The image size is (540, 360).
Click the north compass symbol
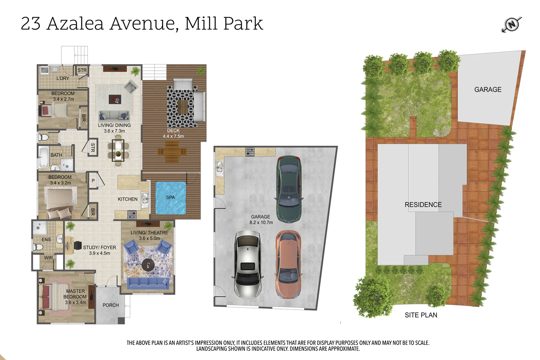pyautogui.click(x=512, y=24)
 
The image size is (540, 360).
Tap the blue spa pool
pyautogui.click(x=170, y=198)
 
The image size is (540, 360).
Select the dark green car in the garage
pyautogui.click(x=289, y=189)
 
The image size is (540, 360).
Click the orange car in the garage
pyautogui.click(x=288, y=264)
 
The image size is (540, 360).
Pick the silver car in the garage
pyautogui.click(x=248, y=264)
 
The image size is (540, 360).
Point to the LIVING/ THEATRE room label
pyautogui.click(x=149, y=233)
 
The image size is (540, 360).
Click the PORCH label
pyautogui.click(x=111, y=305)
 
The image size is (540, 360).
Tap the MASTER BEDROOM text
pyautogui.click(x=75, y=294)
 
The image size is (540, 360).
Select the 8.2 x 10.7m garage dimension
pyautogui.click(x=261, y=223)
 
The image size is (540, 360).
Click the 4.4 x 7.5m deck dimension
pyautogui.click(x=173, y=136)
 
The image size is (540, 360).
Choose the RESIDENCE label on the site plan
pyautogui.click(x=423, y=205)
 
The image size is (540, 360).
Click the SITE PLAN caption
pyautogui.click(x=421, y=315)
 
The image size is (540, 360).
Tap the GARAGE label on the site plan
pyautogui.click(x=488, y=90)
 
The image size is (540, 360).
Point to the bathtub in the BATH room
pyautogui.click(x=44, y=157)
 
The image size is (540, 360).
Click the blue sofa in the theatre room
pyautogui.click(x=148, y=283)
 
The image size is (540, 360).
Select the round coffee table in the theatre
pyautogui.click(x=148, y=265)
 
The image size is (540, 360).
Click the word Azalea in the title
pyautogui.click(x=75, y=24)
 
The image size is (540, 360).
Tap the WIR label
pyautogui.click(x=49, y=258)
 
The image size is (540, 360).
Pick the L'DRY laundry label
pyautogui.click(x=63, y=78)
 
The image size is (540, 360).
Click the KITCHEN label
pyautogui.click(x=127, y=199)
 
